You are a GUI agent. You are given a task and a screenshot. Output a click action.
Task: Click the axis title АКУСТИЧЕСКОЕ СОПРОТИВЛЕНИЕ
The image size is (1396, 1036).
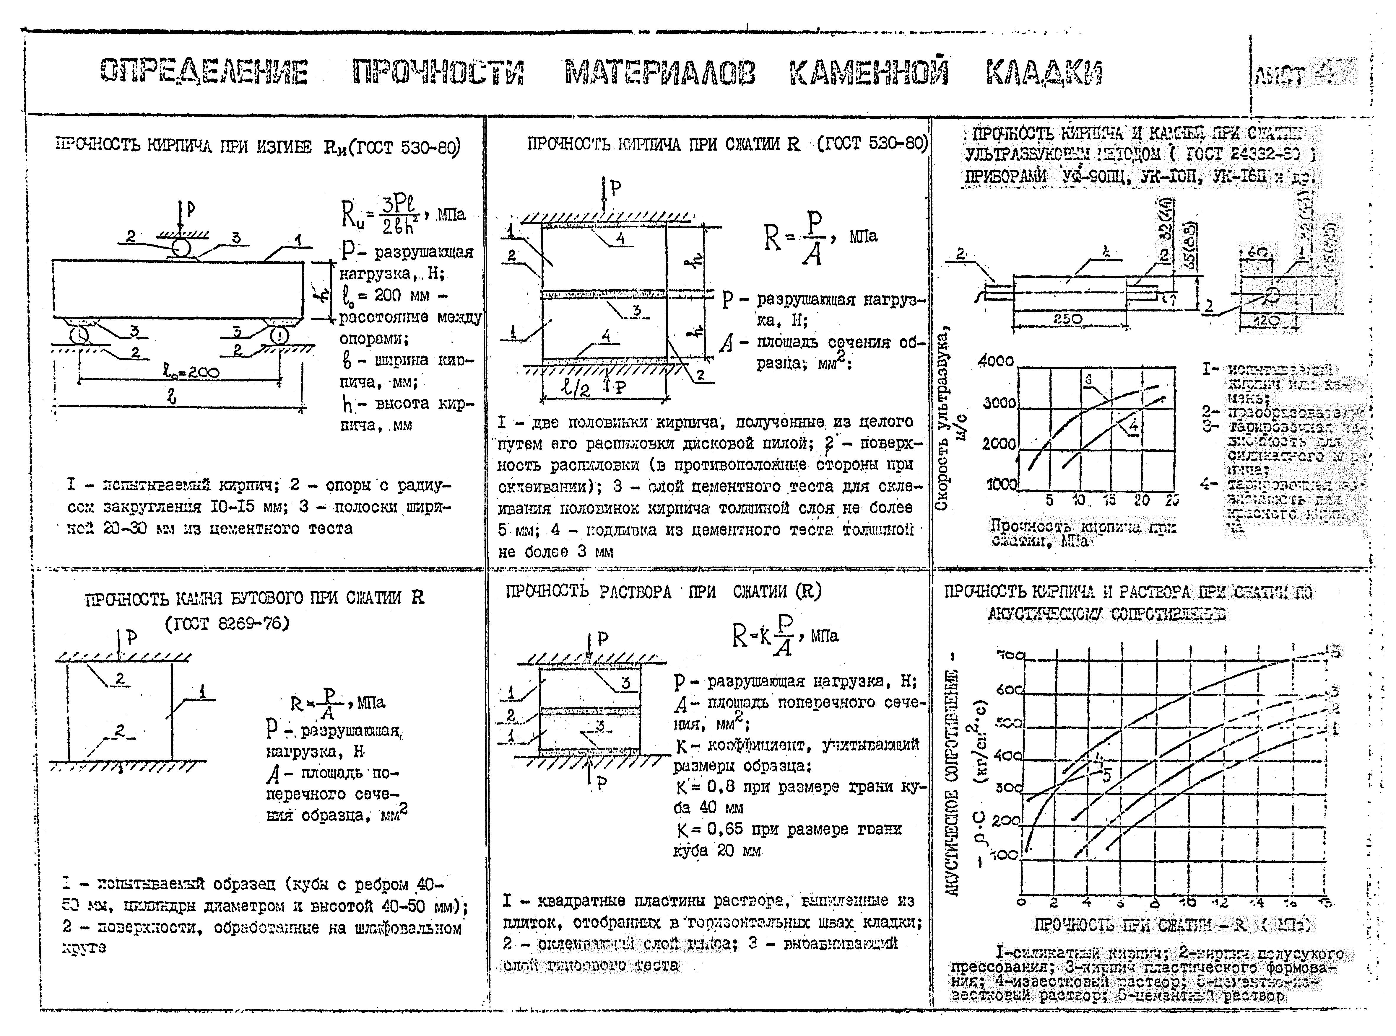[x=953, y=784]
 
